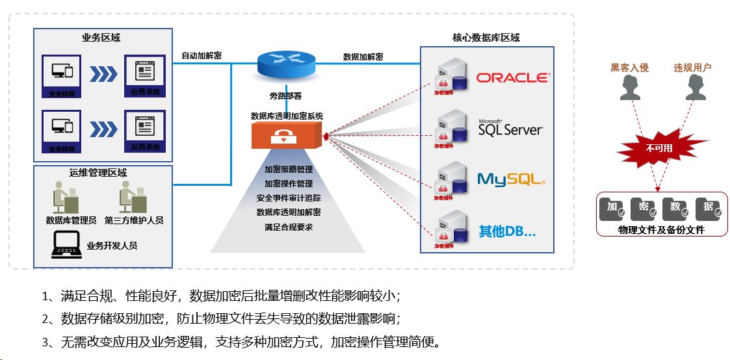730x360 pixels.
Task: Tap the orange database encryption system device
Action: (x=286, y=136)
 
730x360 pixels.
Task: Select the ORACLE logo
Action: (x=512, y=78)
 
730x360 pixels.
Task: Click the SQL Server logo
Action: (x=510, y=127)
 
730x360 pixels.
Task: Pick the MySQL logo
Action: (x=511, y=179)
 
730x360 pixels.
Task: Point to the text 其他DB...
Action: (x=507, y=231)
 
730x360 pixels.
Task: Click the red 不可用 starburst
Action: (x=658, y=148)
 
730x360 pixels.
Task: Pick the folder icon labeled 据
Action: (x=708, y=207)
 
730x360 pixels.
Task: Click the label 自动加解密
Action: (x=202, y=56)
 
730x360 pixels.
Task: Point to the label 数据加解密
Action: (x=363, y=57)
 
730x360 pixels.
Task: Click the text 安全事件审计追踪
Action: (x=288, y=198)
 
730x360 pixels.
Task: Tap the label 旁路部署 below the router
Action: (x=285, y=96)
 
